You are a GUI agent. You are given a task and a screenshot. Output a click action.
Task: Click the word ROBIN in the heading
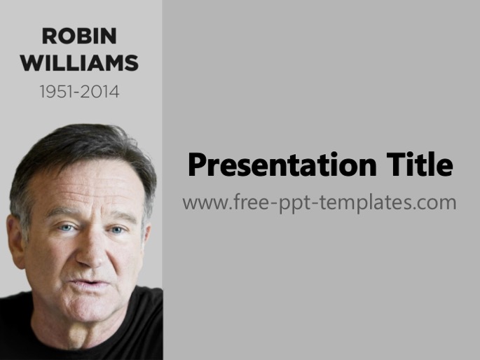point(79,36)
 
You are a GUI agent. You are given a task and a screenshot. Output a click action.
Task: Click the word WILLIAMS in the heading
point(80,63)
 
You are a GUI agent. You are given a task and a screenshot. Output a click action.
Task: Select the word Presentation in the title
point(282,165)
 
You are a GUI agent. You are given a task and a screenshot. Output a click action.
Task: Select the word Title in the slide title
point(420,165)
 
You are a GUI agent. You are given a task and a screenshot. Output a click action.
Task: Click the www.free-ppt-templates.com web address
point(320,202)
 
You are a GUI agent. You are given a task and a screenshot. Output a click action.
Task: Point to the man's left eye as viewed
point(67,228)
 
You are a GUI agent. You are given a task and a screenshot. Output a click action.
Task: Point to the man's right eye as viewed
point(117,230)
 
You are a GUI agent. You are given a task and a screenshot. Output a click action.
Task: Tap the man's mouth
point(88,284)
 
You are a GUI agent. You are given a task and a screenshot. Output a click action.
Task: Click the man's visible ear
point(16,242)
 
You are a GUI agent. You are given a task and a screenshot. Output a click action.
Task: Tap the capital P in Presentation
point(196,165)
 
